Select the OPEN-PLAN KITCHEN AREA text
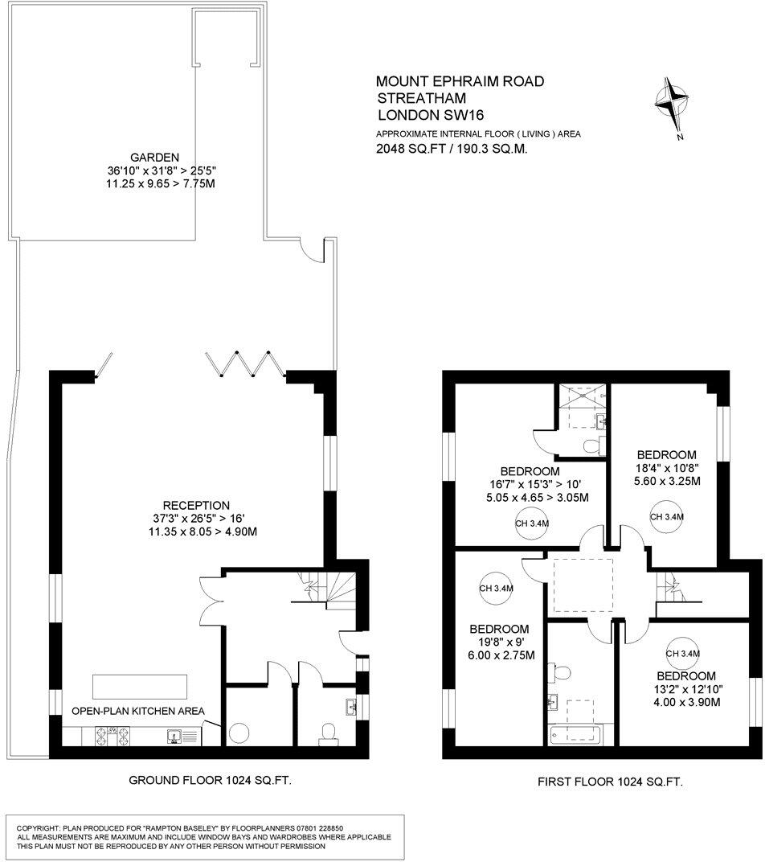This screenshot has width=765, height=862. (137, 711)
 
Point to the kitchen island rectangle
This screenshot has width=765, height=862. (141, 686)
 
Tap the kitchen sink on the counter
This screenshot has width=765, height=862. (174, 734)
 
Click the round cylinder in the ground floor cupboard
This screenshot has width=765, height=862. (239, 733)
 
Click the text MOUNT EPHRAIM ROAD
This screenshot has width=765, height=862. (460, 81)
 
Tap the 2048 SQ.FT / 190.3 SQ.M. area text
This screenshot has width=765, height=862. (452, 149)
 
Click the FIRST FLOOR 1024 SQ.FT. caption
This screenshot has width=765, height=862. (609, 781)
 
